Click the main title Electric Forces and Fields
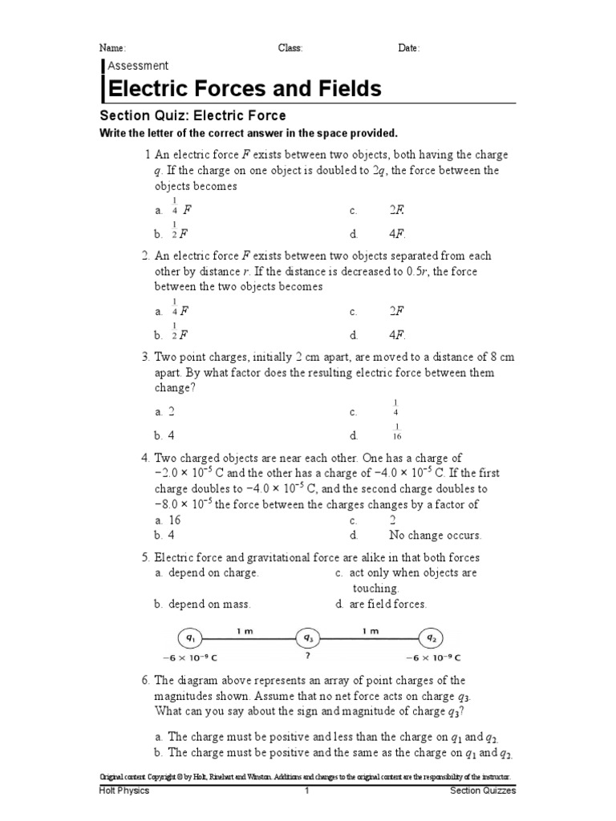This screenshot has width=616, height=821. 245,88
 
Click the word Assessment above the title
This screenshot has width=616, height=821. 138,66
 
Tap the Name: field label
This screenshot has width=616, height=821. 111,48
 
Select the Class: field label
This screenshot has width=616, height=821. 290,48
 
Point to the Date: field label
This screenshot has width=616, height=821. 408,48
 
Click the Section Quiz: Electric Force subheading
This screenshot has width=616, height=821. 192,116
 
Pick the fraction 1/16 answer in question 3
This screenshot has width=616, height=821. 396,432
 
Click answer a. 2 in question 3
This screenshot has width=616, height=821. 165,412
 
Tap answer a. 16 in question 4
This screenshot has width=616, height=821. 168,520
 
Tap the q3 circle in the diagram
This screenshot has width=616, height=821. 308,638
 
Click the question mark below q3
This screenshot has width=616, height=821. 308,657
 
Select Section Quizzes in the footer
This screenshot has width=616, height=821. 483,791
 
